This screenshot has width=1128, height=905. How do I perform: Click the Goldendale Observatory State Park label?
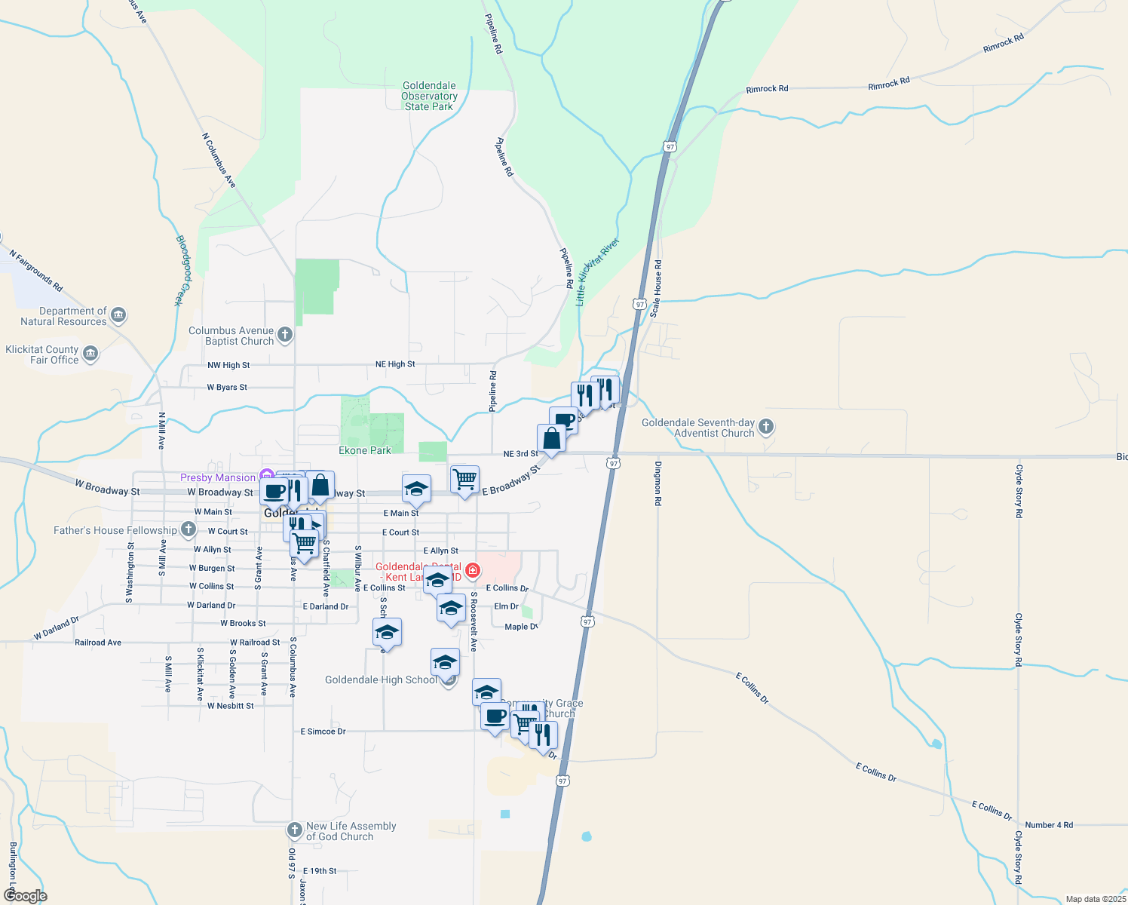point(429,97)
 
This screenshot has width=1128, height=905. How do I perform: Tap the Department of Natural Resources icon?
point(118,315)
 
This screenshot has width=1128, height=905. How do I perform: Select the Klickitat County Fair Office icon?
point(90,354)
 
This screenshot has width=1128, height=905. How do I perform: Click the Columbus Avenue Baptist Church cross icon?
point(284,335)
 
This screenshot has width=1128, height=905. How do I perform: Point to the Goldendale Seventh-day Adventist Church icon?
point(766,427)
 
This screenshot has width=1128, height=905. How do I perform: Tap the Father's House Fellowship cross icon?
point(188,530)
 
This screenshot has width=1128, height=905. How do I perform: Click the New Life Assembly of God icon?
point(295,830)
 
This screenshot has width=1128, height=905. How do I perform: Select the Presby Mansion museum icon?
point(265,477)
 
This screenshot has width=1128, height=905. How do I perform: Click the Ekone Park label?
point(365,450)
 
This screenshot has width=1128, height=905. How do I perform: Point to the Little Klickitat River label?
point(597,271)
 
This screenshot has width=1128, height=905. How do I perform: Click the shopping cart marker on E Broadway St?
point(464,480)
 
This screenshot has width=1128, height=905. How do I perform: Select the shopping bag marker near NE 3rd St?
point(551,438)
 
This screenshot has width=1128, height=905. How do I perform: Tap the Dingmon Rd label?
point(658,483)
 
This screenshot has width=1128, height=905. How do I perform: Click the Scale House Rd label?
point(657,288)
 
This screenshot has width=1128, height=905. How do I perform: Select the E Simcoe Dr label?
point(323,732)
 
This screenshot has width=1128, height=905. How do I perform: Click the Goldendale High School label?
point(381,680)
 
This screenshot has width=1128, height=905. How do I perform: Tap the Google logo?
point(25,896)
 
